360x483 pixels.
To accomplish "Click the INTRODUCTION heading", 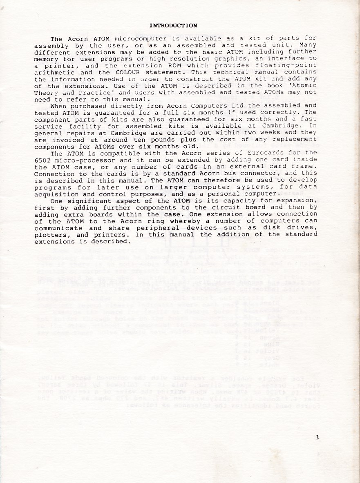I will [x=173, y=25].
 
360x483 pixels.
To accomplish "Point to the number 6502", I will [x=42, y=160].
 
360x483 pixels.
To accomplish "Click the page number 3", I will [x=317, y=437].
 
